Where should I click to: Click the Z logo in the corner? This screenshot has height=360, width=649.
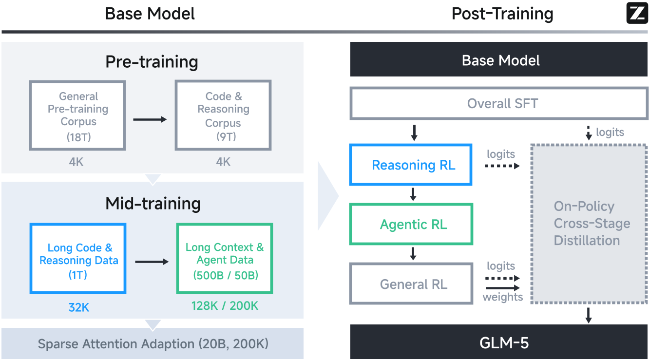[637, 13]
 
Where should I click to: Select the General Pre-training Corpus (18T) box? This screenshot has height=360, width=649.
[78, 115]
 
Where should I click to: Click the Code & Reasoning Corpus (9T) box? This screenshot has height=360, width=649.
[223, 115]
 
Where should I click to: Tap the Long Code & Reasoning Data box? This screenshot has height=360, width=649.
[78, 258]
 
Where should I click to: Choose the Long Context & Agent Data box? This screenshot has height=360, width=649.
[225, 258]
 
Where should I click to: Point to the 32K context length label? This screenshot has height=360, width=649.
[78, 307]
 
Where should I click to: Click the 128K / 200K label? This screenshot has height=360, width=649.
[225, 306]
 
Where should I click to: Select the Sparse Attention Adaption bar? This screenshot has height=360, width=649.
[153, 344]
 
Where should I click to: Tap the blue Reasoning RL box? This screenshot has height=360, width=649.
[411, 165]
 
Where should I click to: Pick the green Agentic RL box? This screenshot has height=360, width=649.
[411, 225]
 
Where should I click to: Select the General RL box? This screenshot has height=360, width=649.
[411, 284]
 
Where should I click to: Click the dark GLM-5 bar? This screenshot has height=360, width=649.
[499, 342]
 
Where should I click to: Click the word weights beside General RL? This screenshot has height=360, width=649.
[502, 297]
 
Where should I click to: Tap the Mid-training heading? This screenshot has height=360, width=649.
[153, 204]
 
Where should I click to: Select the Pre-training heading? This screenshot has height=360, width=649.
[152, 62]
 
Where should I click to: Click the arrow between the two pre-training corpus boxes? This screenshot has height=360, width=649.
[150, 119]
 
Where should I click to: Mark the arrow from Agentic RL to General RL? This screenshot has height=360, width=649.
[413, 253]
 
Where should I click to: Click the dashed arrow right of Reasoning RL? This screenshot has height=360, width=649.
[502, 166]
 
